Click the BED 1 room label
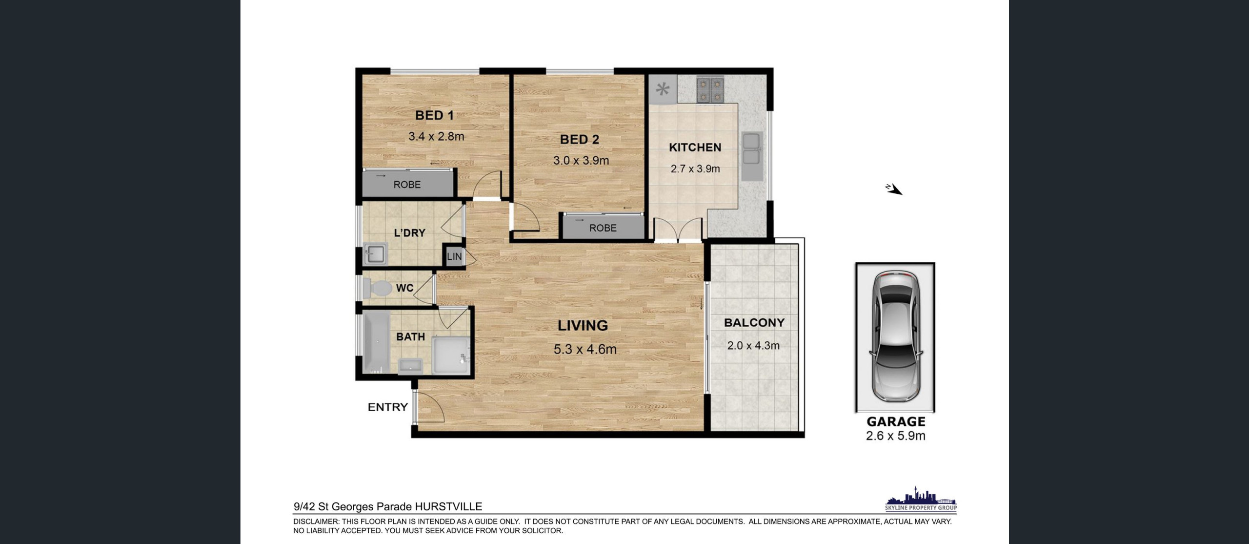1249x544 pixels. [x=434, y=115]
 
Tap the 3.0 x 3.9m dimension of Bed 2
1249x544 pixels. [x=581, y=160]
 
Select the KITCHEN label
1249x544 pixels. [x=695, y=147]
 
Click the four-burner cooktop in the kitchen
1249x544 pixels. [x=709, y=90]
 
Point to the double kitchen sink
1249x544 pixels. [x=751, y=149]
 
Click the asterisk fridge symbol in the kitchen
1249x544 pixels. [x=663, y=89]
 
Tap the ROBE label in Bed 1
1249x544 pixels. [x=407, y=185]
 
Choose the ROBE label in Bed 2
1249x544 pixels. [x=603, y=228]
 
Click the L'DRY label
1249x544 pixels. [x=409, y=233]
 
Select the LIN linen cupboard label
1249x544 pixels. [x=454, y=256]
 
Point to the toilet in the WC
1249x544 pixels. [x=377, y=288]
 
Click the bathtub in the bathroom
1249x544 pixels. [x=376, y=342]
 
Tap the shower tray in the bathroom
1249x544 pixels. [x=450, y=355]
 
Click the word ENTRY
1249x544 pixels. [x=387, y=407]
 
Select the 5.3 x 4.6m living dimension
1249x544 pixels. [x=585, y=349]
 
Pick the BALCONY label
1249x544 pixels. [x=754, y=323]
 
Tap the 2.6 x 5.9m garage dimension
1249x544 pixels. [x=895, y=436]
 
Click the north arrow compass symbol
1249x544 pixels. [x=894, y=189]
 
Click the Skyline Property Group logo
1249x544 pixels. [x=921, y=499]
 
